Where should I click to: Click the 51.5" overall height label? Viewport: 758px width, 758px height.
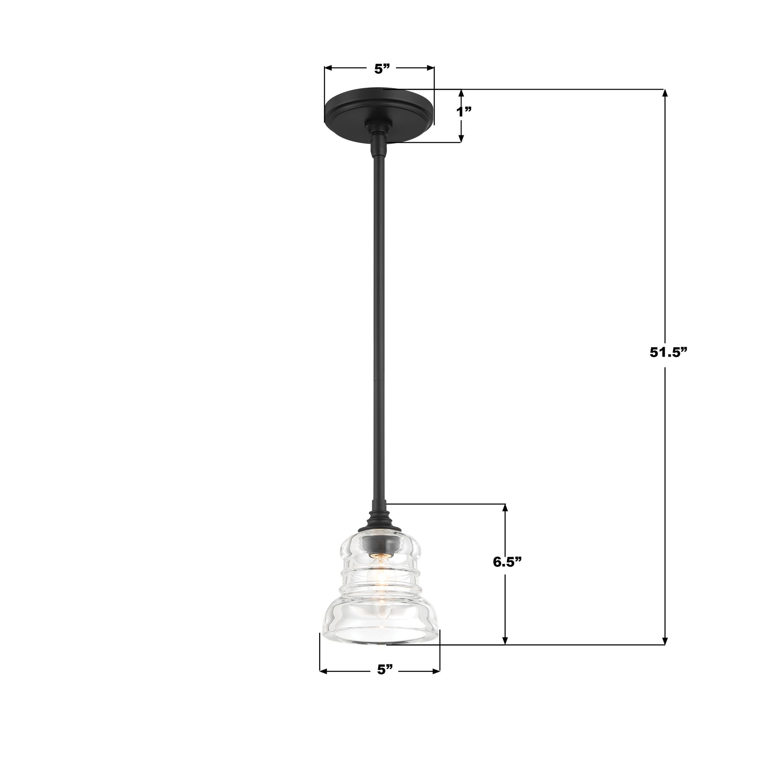tap(669, 352)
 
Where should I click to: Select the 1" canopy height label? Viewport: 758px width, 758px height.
tap(464, 112)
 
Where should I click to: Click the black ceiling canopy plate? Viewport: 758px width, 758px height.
tap(379, 108)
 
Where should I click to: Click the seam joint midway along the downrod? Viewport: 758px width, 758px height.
tap(379, 380)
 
